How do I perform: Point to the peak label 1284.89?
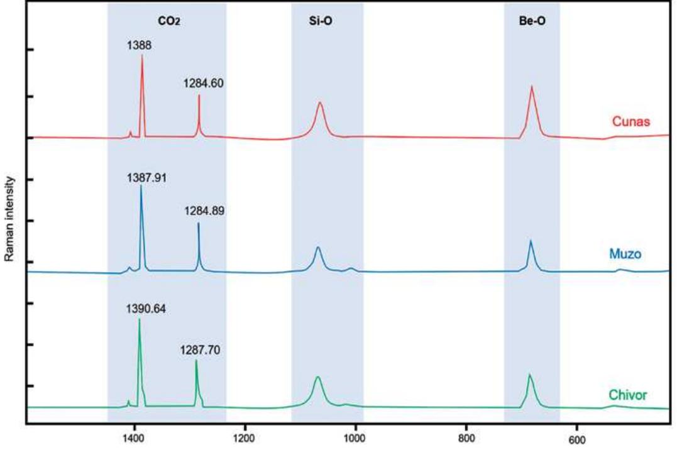[204, 211]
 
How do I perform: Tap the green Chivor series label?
[629, 395]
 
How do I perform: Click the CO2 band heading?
[168, 20]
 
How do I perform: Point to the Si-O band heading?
[326, 20]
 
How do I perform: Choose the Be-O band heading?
[532, 20]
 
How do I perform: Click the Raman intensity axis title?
[9, 219]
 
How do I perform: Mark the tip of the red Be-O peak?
[532, 86]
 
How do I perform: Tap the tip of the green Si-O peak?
[318, 377]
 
